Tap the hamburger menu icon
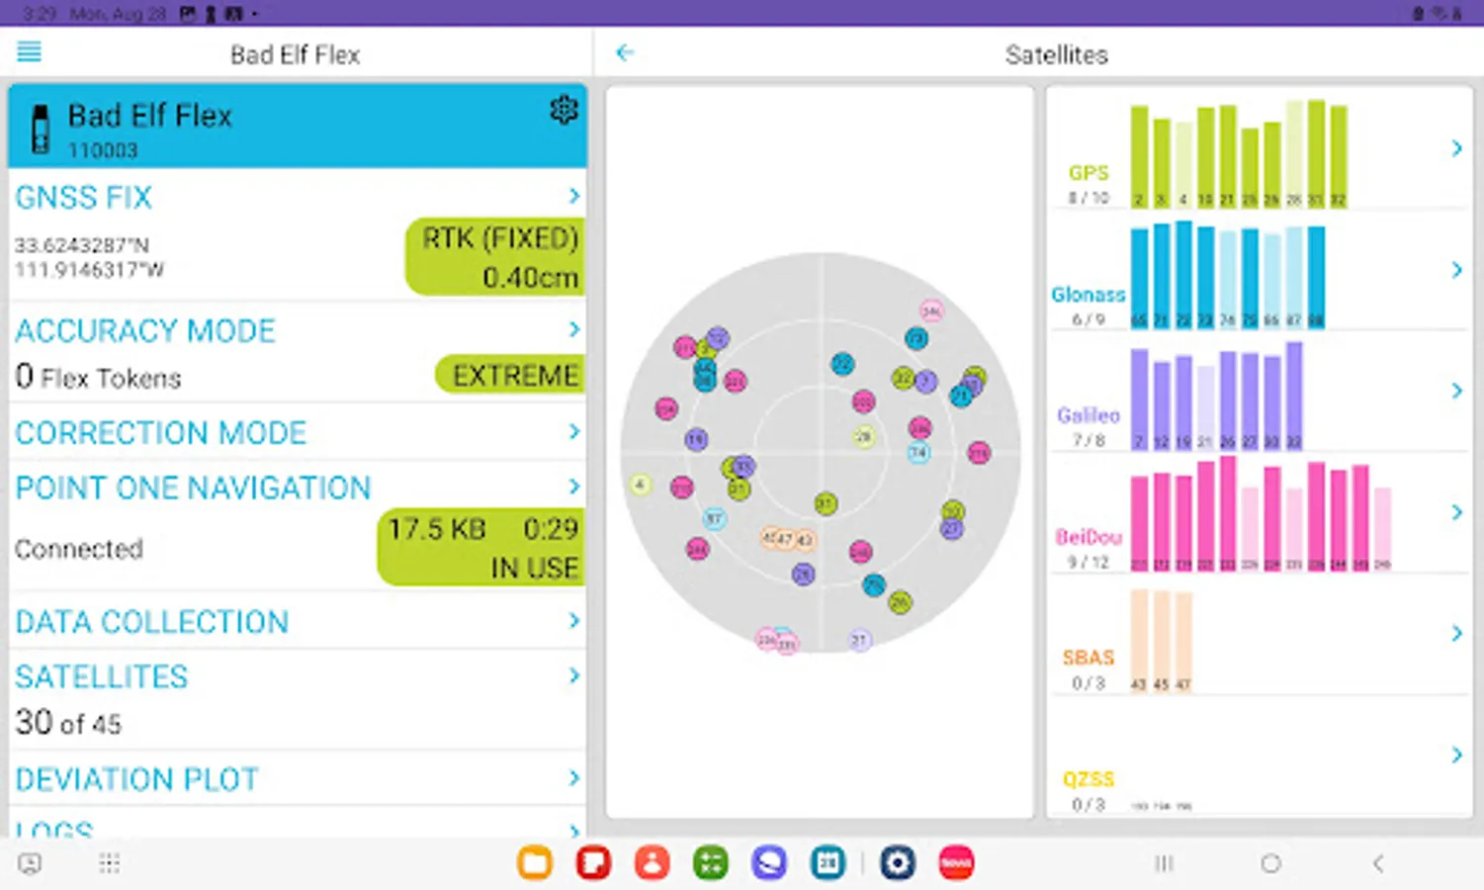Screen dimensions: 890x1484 tap(30, 51)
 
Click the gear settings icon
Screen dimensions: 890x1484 tap(564, 110)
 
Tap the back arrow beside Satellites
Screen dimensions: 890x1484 tap(625, 52)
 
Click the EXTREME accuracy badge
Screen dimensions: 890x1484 tap(511, 375)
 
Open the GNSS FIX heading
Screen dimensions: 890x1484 tap(84, 197)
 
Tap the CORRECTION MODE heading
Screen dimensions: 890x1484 tap(160, 432)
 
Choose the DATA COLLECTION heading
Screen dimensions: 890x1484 tap(152, 621)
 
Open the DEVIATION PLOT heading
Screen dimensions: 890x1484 tap(136, 779)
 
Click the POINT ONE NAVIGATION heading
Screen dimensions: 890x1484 tap(193, 488)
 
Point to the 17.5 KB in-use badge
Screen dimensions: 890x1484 tap(481, 547)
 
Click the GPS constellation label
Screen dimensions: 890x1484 tap(1089, 173)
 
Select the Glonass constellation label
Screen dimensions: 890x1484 tap(1088, 295)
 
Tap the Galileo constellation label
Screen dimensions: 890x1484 tap(1088, 415)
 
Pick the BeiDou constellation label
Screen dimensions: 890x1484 tap(1088, 537)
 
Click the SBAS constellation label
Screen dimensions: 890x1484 tap(1088, 658)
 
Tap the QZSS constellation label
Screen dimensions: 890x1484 tap(1088, 779)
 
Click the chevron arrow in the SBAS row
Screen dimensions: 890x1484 tap(1456, 633)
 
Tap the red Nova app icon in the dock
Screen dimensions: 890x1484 tap(956, 863)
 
